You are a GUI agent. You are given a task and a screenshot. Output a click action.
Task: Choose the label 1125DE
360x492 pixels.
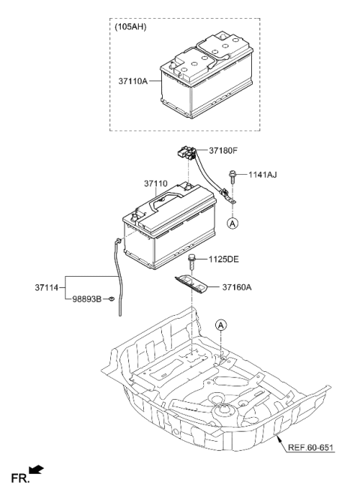(223, 259)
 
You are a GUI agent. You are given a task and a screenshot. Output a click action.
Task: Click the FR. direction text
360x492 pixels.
(16, 476)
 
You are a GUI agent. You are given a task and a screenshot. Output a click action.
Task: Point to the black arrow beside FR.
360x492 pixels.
(34, 470)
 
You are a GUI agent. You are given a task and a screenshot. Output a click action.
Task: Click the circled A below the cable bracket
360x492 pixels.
(233, 223)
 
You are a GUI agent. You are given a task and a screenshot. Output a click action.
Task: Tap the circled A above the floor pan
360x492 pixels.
(220, 325)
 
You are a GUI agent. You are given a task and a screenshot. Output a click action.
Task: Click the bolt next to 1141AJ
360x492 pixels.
(234, 178)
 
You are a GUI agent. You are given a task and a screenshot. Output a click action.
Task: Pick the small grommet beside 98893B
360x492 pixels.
(110, 299)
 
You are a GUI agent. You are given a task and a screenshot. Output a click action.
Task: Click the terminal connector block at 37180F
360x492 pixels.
(187, 153)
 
